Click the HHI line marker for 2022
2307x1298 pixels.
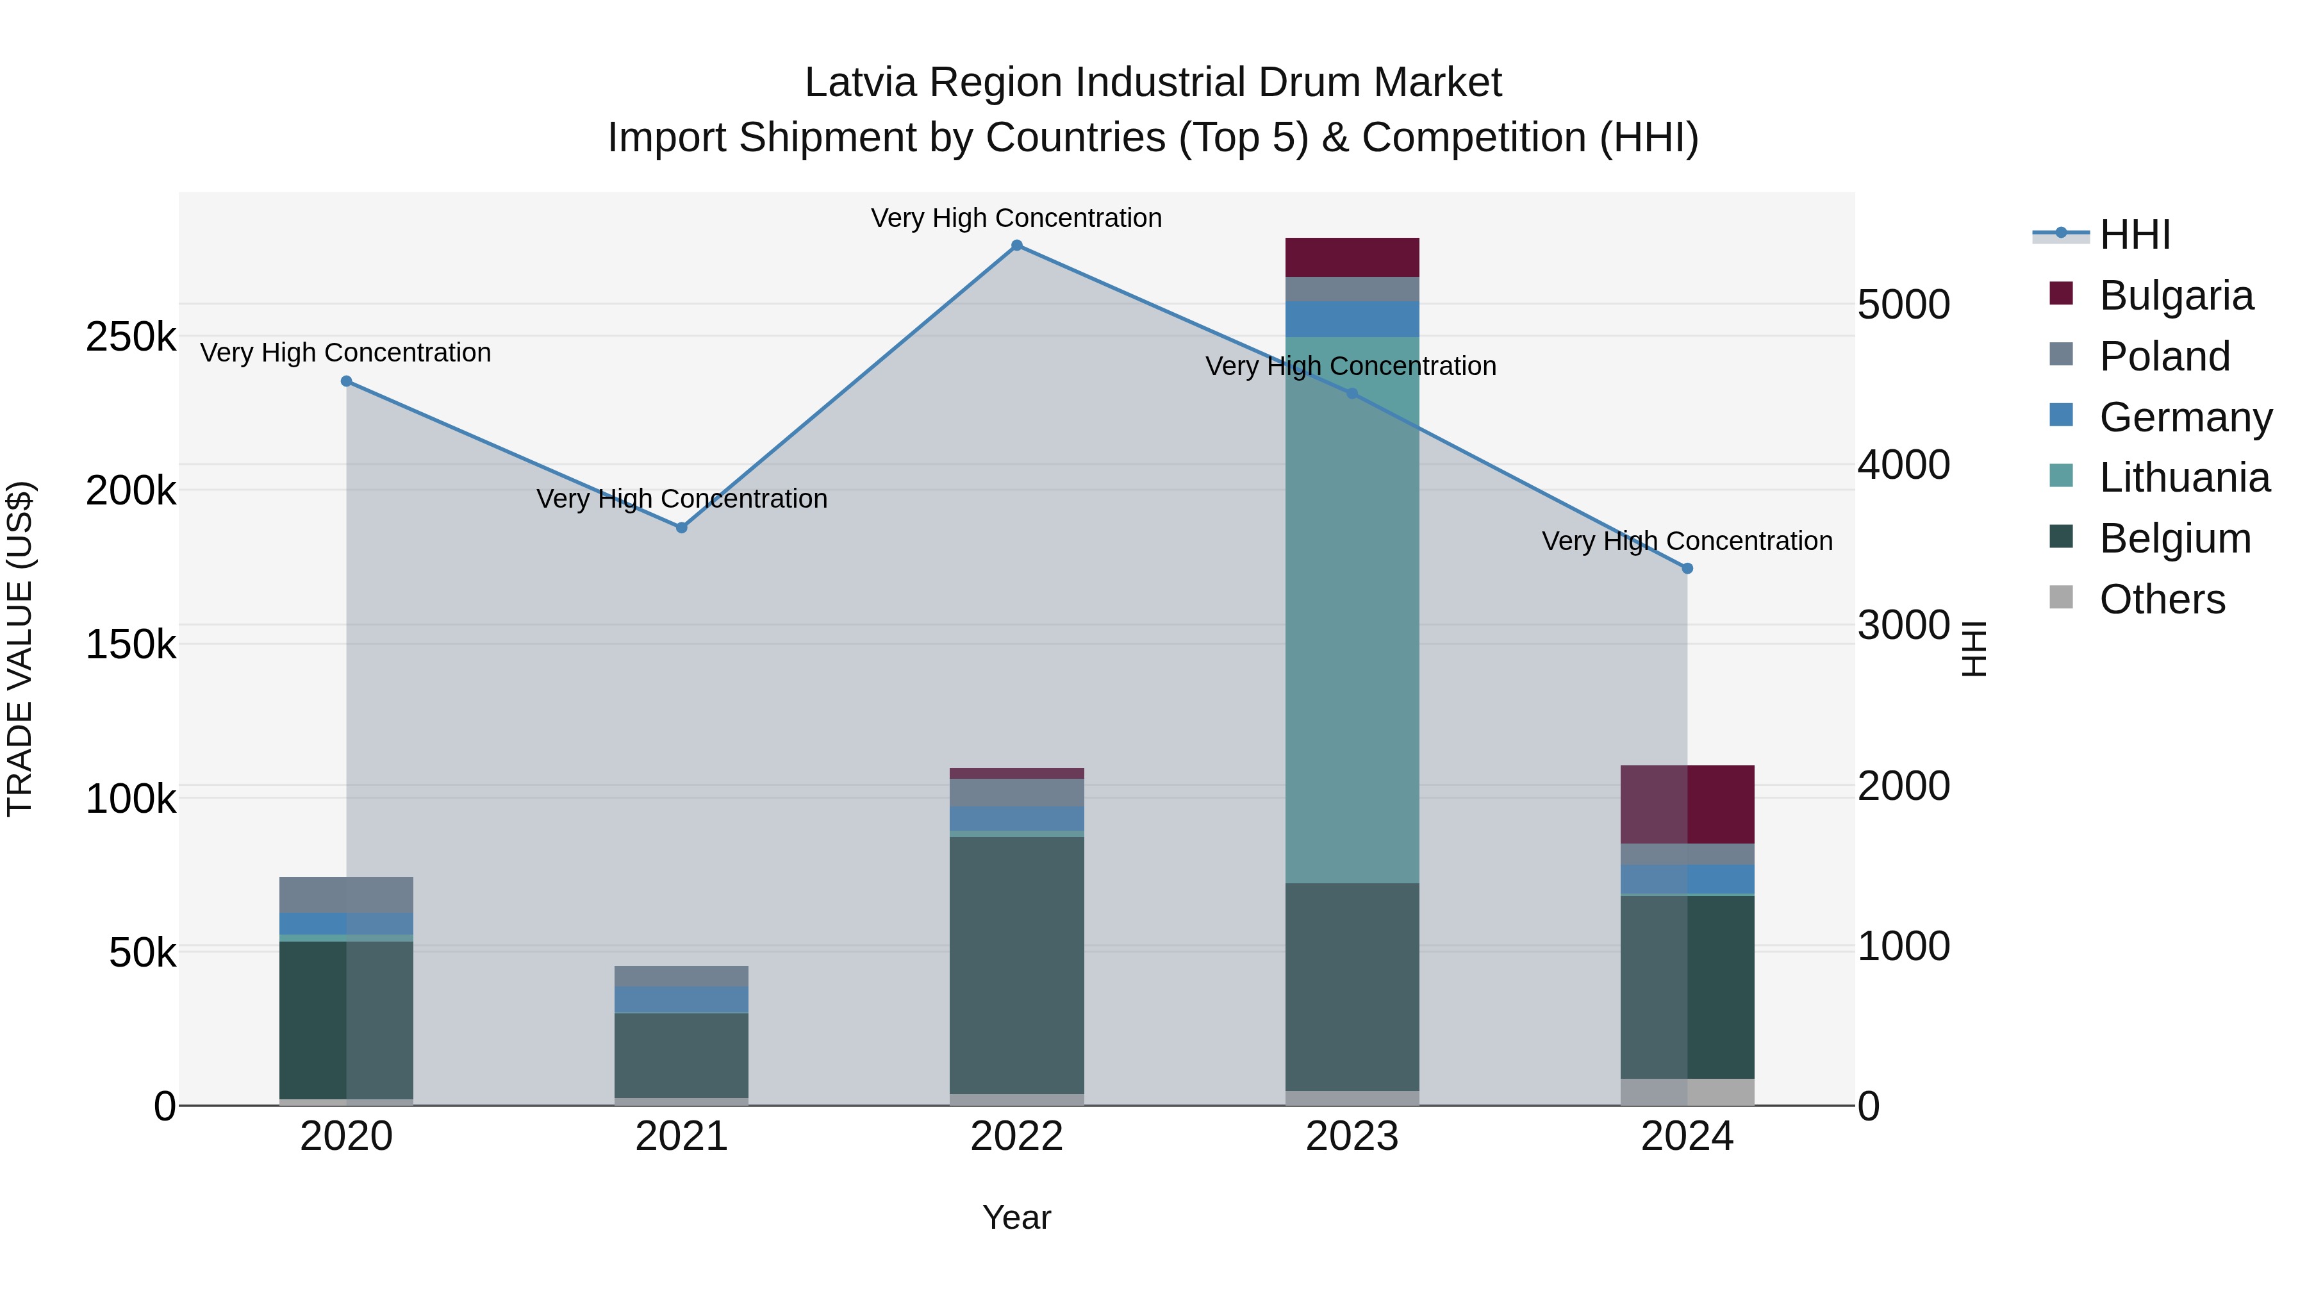(x=1016, y=245)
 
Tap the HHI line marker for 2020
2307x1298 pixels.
(x=347, y=381)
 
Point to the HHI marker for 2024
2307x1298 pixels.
(x=1687, y=568)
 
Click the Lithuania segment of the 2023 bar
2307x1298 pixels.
(x=1352, y=609)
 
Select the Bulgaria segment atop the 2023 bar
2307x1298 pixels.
(x=1352, y=257)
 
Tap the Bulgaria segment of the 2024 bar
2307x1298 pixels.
(x=1687, y=804)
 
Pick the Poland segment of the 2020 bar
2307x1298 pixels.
(x=347, y=894)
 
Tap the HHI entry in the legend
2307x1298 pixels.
(x=2134, y=235)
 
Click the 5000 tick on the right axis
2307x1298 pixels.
(x=1903, y=304)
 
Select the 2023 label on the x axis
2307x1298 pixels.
(x=1352, y=1136)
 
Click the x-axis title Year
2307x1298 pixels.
(x=1016, y=1217)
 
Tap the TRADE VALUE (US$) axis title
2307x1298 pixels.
(x=20, y=649)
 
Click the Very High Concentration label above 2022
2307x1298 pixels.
(x=1016, y=218)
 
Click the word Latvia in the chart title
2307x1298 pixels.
(x=861, y=83)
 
